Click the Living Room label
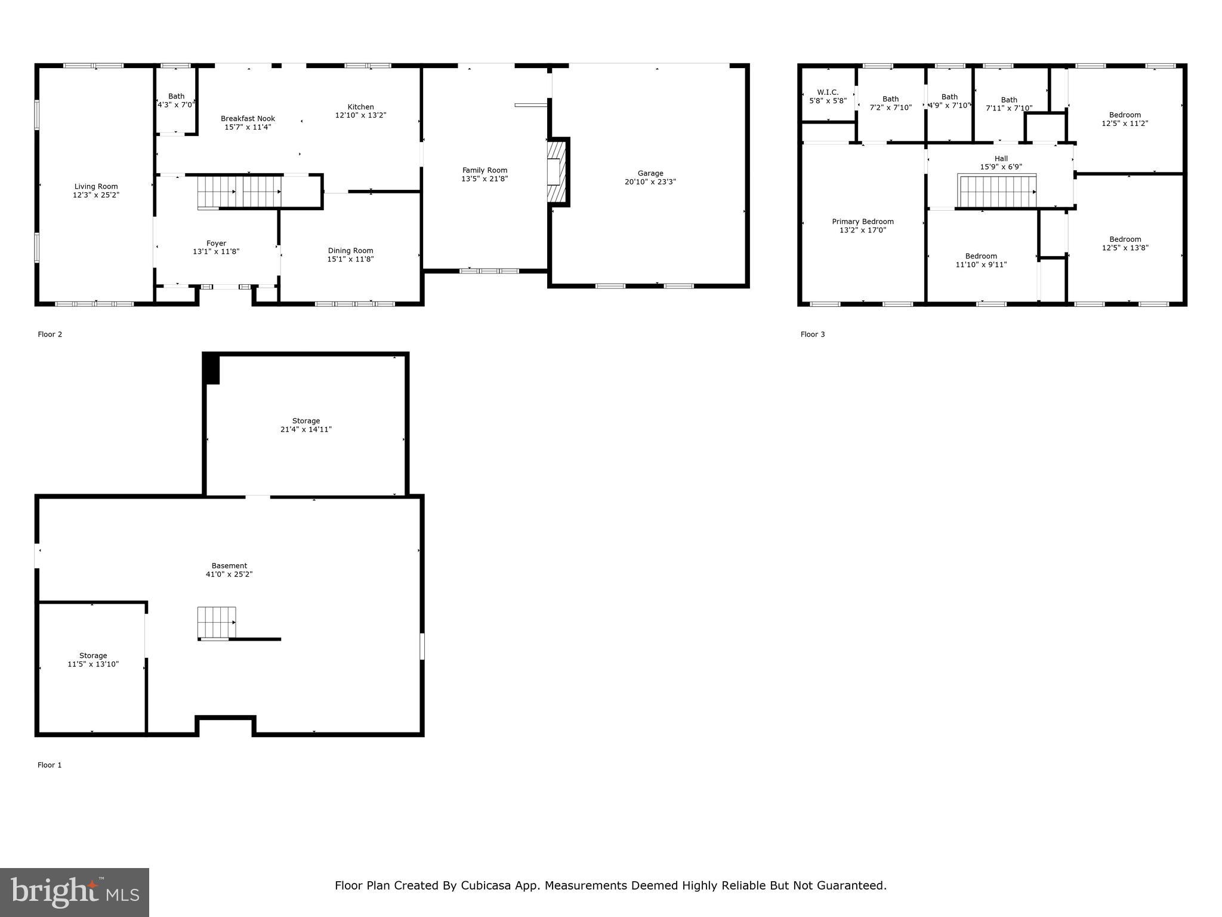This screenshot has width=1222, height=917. (96, 187)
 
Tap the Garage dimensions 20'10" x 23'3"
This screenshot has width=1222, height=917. (650, 182)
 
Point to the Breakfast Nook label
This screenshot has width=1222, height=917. (248, 119)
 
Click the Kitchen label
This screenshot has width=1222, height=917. (360, 107)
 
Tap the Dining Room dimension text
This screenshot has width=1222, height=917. (350, 259)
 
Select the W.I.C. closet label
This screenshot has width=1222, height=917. (828, 93)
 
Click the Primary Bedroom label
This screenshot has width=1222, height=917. (863, 221)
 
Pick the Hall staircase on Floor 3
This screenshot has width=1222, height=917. (997, 191)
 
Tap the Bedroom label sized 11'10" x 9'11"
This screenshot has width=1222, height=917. (981, 256)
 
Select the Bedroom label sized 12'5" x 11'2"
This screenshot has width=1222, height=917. (1125, 115)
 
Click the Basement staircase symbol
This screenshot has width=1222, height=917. (217, 623)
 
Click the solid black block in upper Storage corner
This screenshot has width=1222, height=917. (211, 368)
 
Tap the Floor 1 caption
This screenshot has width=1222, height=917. (50, 765)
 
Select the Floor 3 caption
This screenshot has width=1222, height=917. (812, 334)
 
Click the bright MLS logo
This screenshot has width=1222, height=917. (74, 893)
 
